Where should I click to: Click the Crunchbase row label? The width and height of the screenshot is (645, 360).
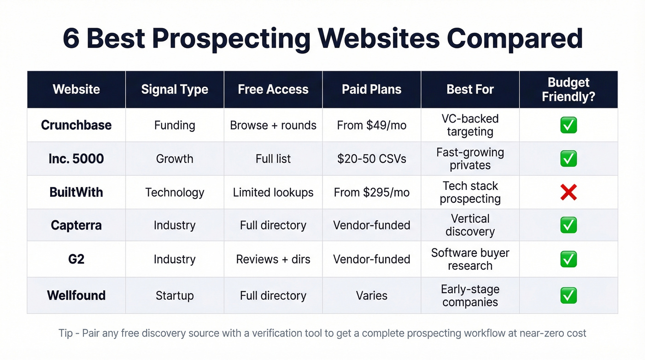[76, 125]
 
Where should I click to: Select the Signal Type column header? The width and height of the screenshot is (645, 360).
[175, 89]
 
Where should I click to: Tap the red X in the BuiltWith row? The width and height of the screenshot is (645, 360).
[569, 192]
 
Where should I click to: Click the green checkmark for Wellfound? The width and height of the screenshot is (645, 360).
[569, 295]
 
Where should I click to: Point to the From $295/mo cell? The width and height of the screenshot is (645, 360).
[371, 192]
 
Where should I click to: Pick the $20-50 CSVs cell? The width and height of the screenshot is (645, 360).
[371, 159]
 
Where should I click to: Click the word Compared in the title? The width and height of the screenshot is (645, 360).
[515, 38]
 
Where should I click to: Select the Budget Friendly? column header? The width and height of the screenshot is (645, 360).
[569, 89]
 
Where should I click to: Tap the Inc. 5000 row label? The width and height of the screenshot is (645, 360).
[76, 159]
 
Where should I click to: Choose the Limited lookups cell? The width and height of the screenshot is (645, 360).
[273, 192]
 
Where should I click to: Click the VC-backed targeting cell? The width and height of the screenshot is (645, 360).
[470, 125]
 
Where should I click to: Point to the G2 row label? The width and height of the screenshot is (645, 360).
[76, 259]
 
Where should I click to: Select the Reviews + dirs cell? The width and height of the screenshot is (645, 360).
[273, 259]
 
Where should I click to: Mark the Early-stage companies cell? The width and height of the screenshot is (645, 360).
[470, 295]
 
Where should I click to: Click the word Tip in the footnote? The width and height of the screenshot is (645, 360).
[65, 333]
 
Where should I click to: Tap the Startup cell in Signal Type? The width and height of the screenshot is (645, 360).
[175, 295]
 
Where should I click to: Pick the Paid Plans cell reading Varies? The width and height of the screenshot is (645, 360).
[371, 295]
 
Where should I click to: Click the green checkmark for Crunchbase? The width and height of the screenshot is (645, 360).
[569, 125]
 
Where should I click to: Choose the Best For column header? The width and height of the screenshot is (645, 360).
[470, 89]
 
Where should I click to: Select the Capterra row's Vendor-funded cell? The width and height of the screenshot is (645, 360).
[371, 225]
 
